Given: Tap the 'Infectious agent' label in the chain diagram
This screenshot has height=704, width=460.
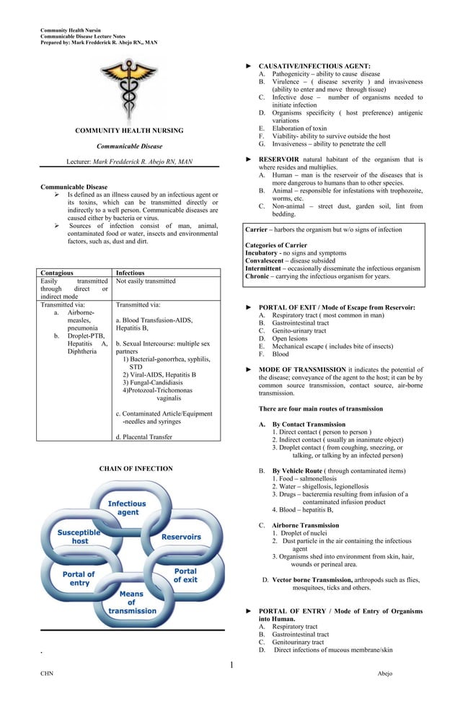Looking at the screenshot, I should pos(127,508).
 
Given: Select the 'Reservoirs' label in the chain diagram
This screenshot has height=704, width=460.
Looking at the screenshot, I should pos(181,537).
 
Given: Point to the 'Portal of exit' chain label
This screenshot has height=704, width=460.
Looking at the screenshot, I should pos(185,575).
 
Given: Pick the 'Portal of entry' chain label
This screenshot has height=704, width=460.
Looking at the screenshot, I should pos(79,578).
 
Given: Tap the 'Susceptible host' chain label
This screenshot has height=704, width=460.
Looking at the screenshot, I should pos(79,537).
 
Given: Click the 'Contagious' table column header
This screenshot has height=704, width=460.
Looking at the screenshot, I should pos(57,273).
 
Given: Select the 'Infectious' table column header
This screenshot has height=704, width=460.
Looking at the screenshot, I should pos(131,273).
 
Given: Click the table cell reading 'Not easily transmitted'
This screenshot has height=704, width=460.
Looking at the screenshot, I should pos(146,281).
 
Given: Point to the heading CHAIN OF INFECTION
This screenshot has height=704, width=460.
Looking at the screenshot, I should pos(136,469).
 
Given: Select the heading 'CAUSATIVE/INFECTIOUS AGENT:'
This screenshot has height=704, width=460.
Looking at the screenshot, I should pos(314,66).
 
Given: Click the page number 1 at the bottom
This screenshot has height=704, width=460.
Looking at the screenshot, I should pos(231,664).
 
